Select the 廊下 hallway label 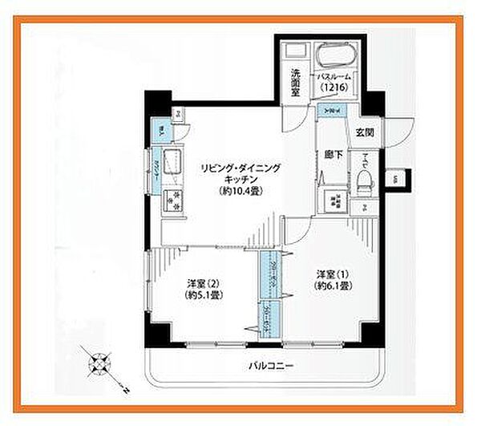(x=329, y=155)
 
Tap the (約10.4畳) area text (x=240, y=191)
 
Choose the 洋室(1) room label (x=331, y=274)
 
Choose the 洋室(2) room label (x=203, y=282)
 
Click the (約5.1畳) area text (x=203, y=294)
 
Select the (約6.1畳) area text (x=331, y=286)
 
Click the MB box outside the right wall (x=396, y=179)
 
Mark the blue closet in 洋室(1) (x=267, y=277)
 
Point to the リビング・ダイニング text (x=240, y=168)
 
